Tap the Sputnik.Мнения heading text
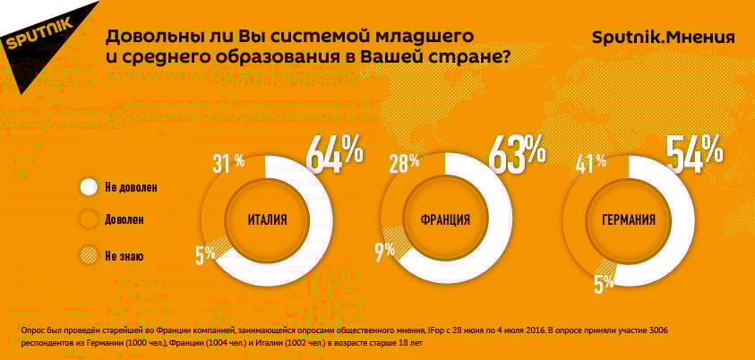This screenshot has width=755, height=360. (x=664, y=38)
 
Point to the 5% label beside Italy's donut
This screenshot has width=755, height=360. (x=205, y=254)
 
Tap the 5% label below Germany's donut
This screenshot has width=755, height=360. (x=603, y=282)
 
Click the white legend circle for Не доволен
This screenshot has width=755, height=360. (x=88, y=187)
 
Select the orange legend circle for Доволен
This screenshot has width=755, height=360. (x=88, y=219)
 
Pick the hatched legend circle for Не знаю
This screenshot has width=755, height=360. (x=88, y=255)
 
